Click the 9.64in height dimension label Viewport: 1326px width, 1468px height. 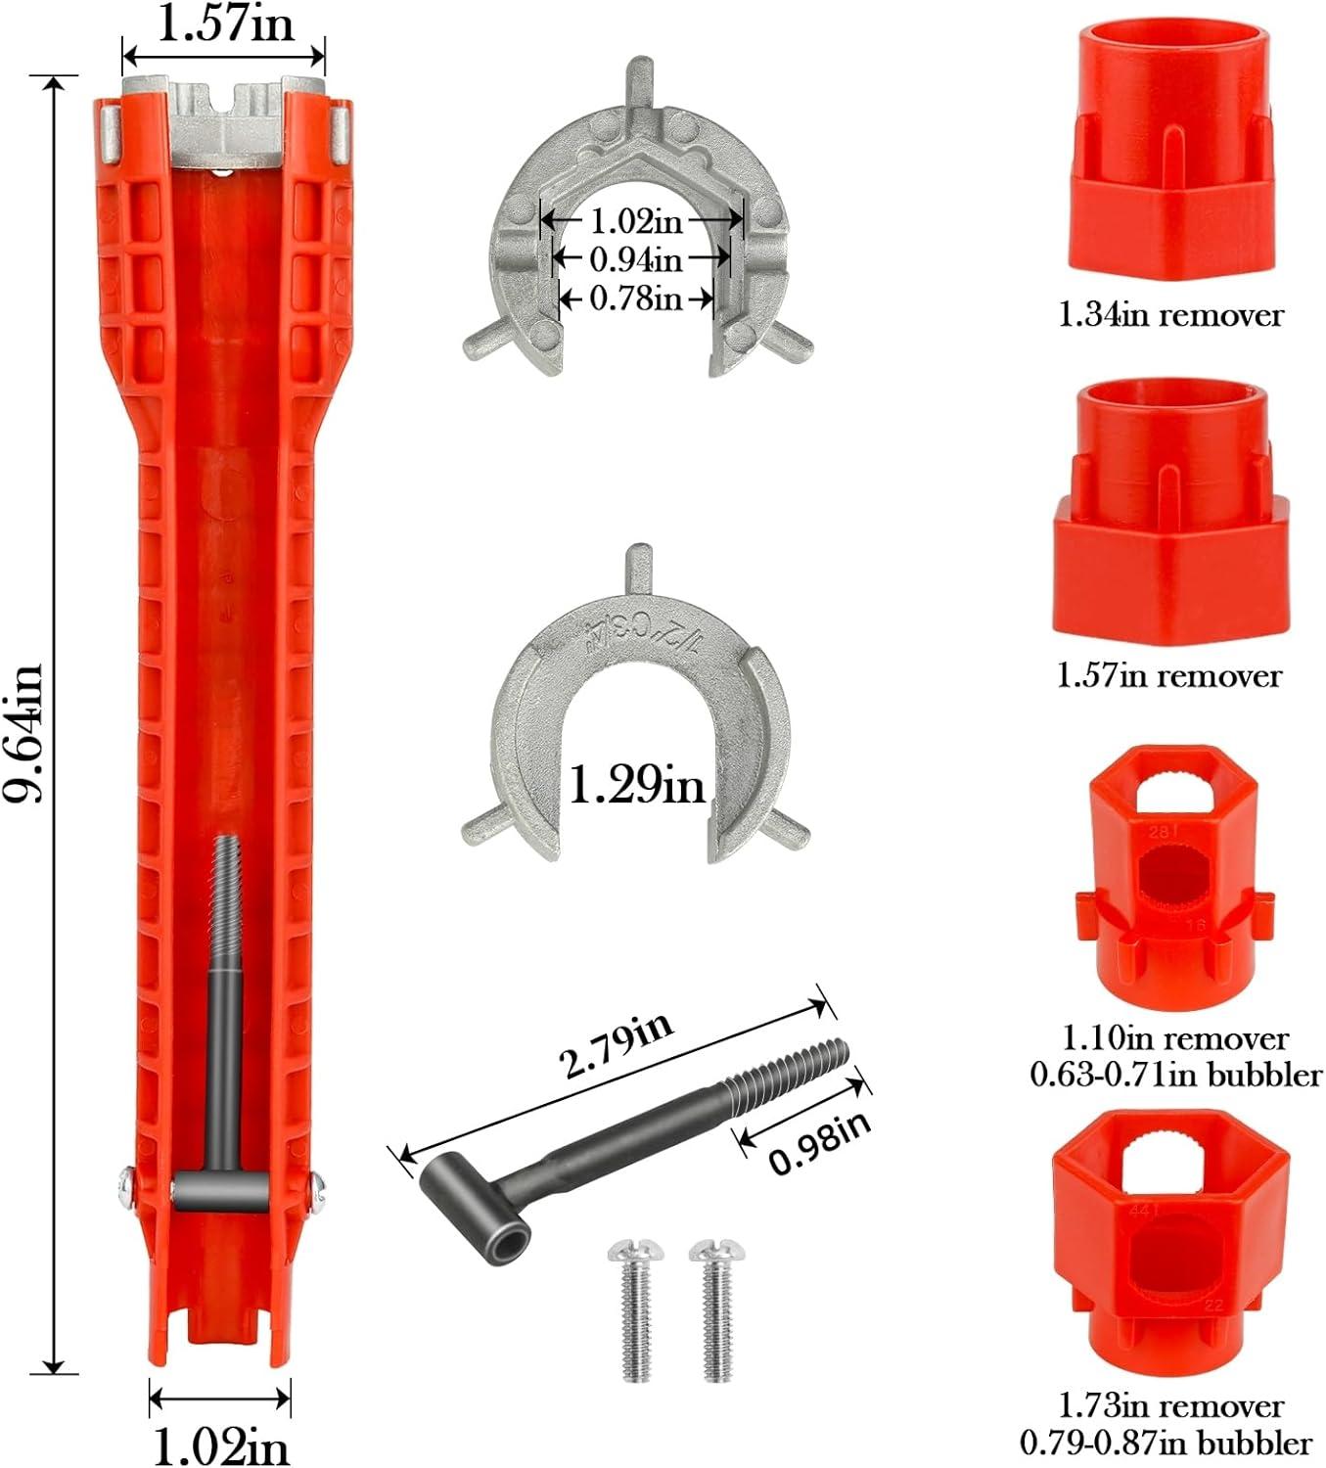tap(24, 732)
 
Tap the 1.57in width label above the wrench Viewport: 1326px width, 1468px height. tap(225, 24)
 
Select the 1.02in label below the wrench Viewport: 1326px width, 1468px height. tap(221, 1442)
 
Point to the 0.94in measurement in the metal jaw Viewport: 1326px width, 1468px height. tap(636, 259)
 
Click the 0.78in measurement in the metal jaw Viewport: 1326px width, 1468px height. tap(636, 298)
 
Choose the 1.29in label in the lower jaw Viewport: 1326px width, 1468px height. tap(636, 784)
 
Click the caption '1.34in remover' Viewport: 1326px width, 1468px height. tap(1170, 315)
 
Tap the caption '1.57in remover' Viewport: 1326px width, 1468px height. tap(1168, 675)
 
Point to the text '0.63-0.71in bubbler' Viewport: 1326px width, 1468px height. tap(1175, 1075)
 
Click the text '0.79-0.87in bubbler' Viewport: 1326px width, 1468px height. tap(1166, 1443)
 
